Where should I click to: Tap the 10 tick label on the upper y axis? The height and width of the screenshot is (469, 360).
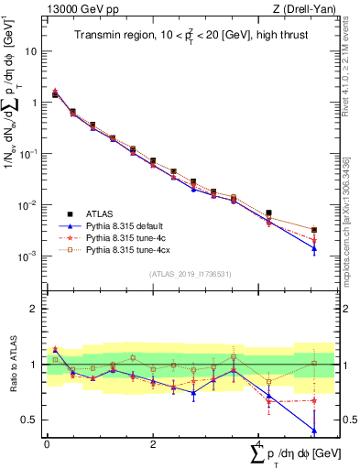(29, 51)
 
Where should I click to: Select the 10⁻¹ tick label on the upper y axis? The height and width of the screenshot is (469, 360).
(27, 154)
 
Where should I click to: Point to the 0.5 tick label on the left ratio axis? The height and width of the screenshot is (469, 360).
(30, 420)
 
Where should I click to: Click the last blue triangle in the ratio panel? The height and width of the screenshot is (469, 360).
(314, 431)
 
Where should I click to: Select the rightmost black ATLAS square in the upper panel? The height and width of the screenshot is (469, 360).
(314, 230)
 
